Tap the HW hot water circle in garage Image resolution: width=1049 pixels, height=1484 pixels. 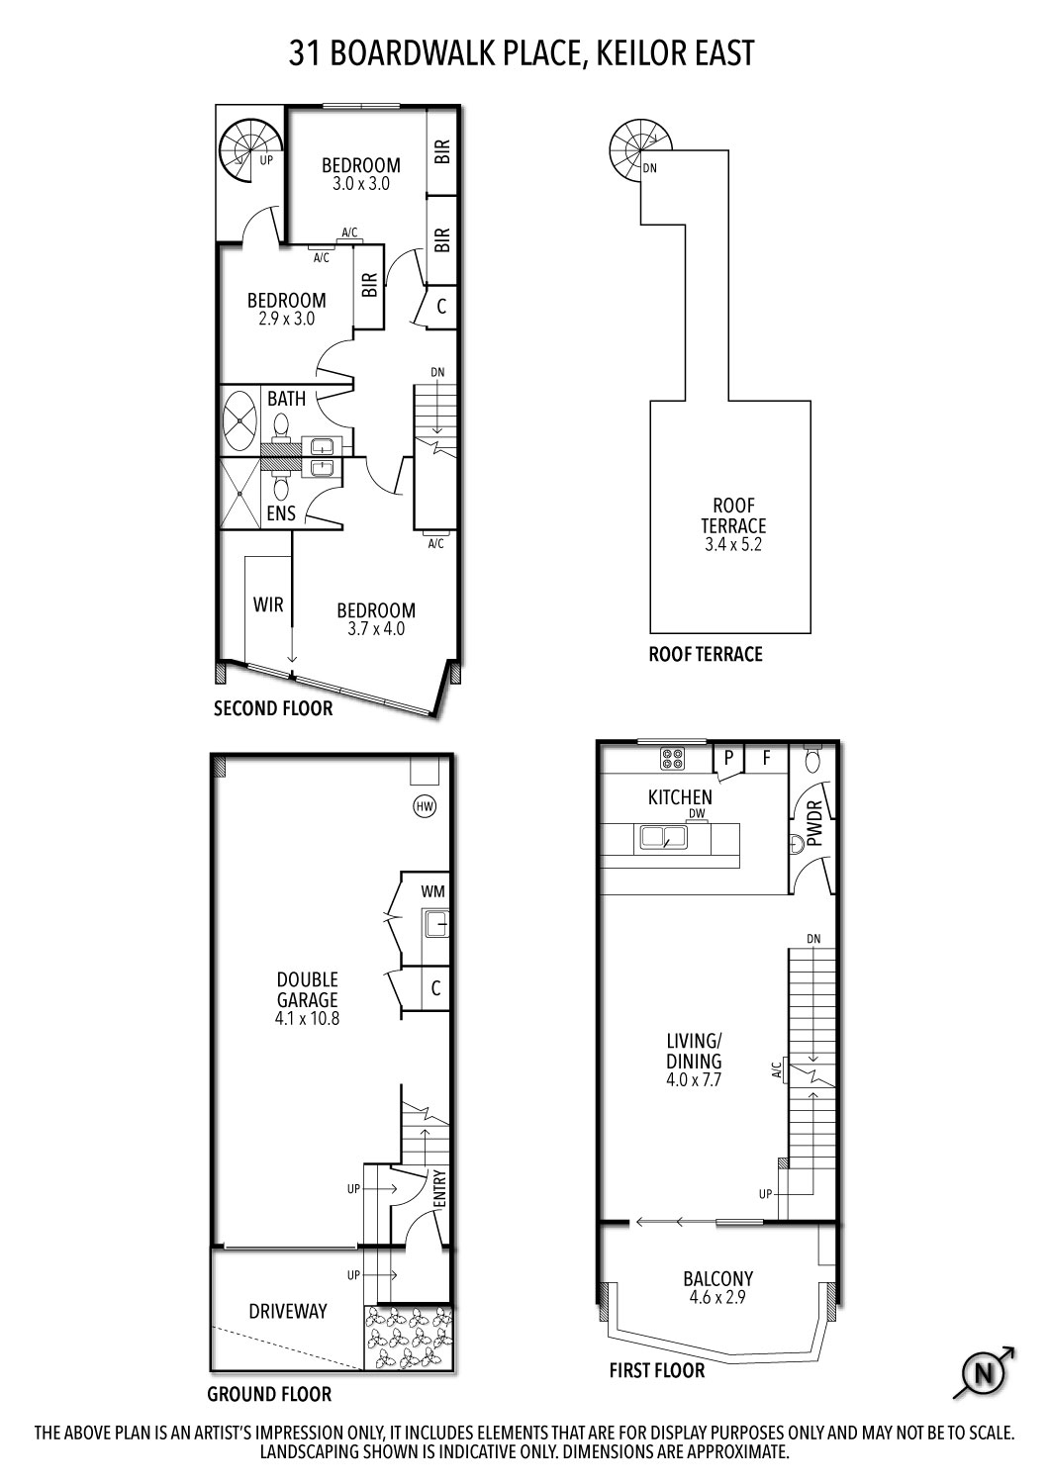point(425,806)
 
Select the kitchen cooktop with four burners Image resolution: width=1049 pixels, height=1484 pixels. point(674,759)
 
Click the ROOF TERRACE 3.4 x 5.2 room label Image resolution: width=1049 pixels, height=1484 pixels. point(733,524)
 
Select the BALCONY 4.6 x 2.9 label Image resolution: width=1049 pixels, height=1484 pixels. point(717,1287)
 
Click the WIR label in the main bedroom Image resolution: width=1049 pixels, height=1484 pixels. point(268,604)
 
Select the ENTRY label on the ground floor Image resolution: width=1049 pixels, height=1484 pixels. point(440,1187)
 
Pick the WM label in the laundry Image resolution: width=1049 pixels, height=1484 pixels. point(432,891)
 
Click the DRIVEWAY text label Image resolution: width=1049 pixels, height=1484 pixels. point(287,1311)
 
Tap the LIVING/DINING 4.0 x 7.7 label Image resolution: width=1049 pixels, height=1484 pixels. point(694,1060)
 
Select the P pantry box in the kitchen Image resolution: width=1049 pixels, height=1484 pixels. point(729,759)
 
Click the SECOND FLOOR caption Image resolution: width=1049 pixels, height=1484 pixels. point(273,708)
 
